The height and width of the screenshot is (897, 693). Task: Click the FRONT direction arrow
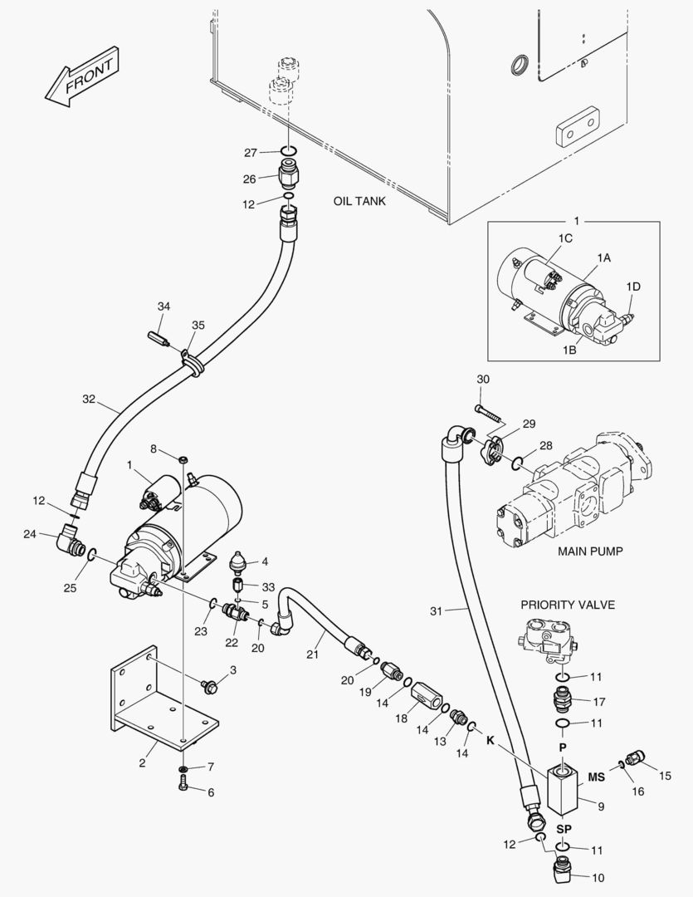(x=80, y=78)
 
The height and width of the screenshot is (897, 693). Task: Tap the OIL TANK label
(x=359, y=201)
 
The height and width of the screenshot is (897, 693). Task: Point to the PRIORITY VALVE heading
(x=568, y=605)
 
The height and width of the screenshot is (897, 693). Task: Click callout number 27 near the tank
(x=251, y=152)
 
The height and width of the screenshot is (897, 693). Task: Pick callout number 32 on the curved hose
(x=89, y=399)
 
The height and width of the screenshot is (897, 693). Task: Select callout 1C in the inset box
(x=565, y=238)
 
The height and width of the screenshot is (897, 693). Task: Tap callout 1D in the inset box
(x=633, y=287)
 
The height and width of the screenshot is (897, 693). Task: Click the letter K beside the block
(x=490, y=738)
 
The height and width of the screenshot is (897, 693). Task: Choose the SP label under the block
(x=564, y=829)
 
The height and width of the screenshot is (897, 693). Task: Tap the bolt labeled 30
(x=489, y=410)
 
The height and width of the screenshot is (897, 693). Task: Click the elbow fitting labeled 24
(x=65, y=542)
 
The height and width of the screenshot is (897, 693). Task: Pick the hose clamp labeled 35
(x=191, y=363)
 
